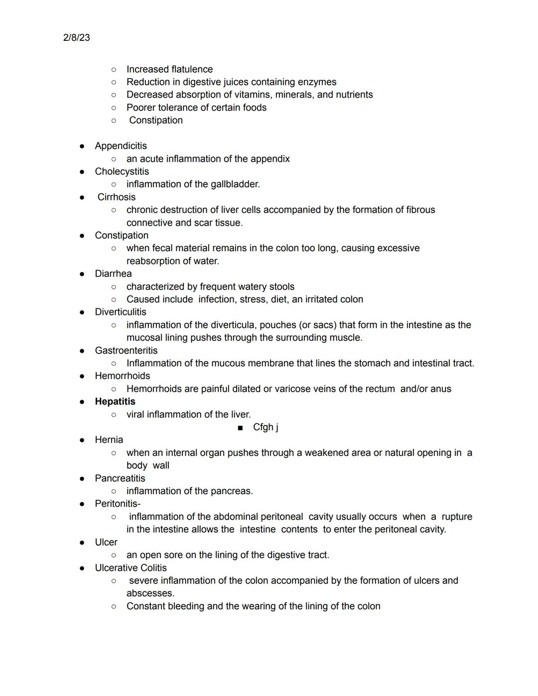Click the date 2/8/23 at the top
point(77,38)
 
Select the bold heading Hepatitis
point(115,402)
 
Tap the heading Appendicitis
point(121,146)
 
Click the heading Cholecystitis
point(122,171)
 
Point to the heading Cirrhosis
point(117,197)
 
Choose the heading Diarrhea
point(113,274)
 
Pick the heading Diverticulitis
point(121,312)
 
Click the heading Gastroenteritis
point(126,350)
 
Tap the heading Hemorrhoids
point(122,376)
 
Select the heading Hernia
point(109,439)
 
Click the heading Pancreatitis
point(120,478)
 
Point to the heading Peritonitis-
point(118,504)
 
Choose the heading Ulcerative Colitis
point(131,568)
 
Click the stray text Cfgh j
point(266,427)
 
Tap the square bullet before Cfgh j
point(241,427)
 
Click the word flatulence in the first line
point(191,69)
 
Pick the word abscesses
point(150,593)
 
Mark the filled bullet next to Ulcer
point(82,543)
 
